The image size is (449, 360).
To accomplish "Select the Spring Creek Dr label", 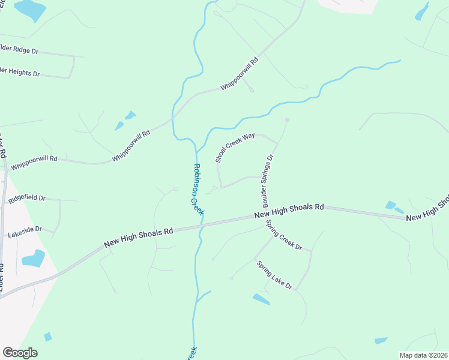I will tap(284, 235).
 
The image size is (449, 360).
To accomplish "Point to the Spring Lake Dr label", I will tap(274, 275).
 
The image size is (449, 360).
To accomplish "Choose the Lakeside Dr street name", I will tap(25, 231).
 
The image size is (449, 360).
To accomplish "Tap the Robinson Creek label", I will tap(198, 189).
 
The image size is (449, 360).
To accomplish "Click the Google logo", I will tap(20, 353).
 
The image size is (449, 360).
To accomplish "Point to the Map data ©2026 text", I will tap(423, 355).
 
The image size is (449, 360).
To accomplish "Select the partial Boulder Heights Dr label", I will tap(20, 72).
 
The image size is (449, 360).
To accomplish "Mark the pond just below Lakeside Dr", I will tap(34, 258).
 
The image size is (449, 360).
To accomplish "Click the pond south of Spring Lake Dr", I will tap(261, 299).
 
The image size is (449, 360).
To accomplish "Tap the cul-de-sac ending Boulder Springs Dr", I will tap(287, 120).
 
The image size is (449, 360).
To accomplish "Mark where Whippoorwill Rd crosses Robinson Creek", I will tap(173, 118).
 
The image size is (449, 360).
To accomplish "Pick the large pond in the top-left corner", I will tap(30, 9).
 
